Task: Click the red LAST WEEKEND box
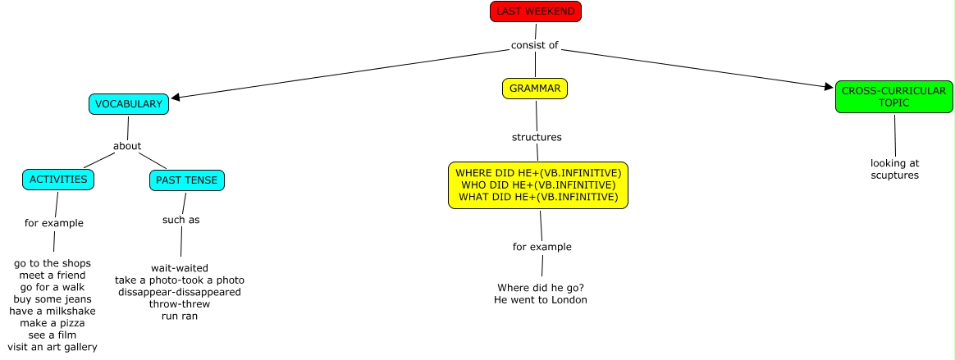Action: coord(536,11)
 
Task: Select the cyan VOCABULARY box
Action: coord(129,104)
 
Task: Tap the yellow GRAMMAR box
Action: coord(535,88)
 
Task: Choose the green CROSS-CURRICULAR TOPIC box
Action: coord(893,98)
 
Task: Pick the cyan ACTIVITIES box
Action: coord(58,180)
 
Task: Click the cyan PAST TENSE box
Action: coord(187,180)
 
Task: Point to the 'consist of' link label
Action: coord(535,45)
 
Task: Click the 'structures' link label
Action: coord(537,137)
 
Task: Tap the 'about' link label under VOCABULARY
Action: coord(127,146)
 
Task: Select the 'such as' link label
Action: coord(180,219)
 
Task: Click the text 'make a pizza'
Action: coord(53,323)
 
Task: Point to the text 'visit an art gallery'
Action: coord(53,347)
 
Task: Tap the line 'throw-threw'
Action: coord(180,303)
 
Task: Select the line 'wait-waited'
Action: coord(180,268)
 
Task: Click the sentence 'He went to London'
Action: coord(541,300)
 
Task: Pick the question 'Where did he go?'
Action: coord(541,288)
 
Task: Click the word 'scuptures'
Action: coord(895,175)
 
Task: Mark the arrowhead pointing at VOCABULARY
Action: coord(176,98)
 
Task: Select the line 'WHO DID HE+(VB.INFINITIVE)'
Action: coord(538,185)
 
